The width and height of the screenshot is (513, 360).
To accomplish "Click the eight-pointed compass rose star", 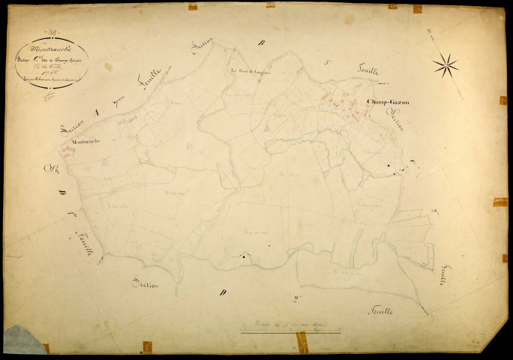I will [x=445, y=65].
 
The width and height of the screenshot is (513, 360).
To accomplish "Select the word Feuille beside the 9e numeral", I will [x=380, y=309].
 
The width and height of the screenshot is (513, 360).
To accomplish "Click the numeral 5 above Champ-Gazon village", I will [x=328, y=64].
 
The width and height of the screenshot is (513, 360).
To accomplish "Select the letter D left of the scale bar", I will [x=223, y=293].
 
